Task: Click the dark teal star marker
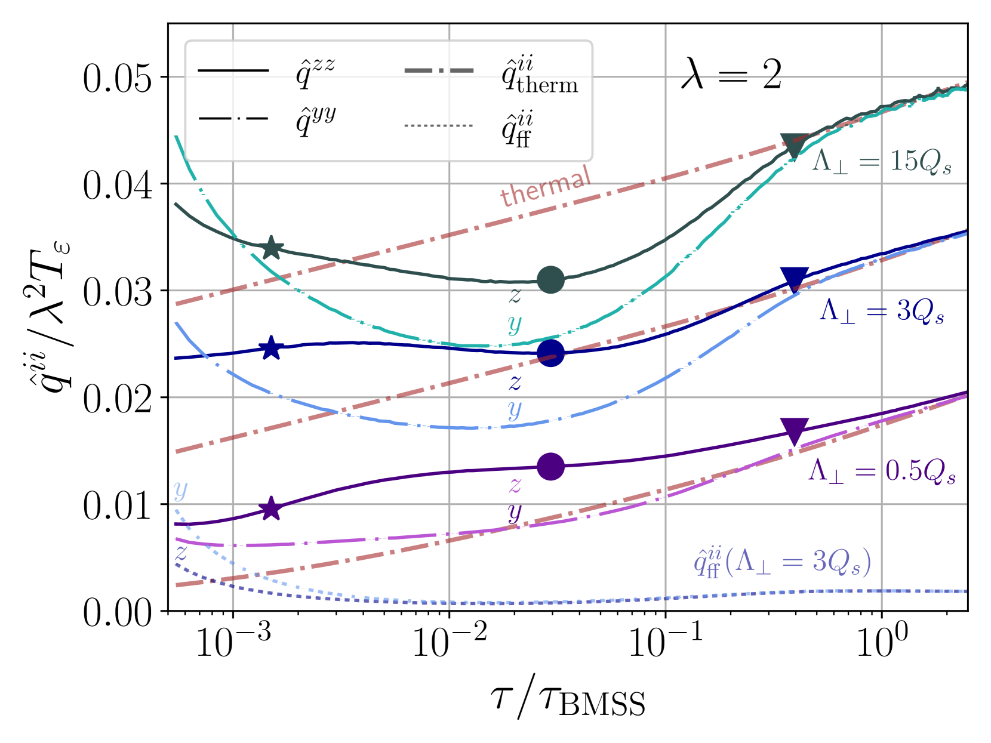pos(272,248)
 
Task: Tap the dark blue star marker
pos(272,349)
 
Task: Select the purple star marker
pos(272,508)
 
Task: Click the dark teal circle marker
pos(550,279)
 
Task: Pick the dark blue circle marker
pos(550,353)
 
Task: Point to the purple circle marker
pos(550,466)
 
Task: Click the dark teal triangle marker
pos(794,144)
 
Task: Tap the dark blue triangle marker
pos(794,278)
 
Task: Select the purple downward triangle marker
pos(794,430)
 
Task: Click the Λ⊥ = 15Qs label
pos(881,161)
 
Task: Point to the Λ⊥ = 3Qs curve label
pos(881,311)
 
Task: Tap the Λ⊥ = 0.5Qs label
pos(881,471)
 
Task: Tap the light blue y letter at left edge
pos(180,490)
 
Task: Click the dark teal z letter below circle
pos(515,295)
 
